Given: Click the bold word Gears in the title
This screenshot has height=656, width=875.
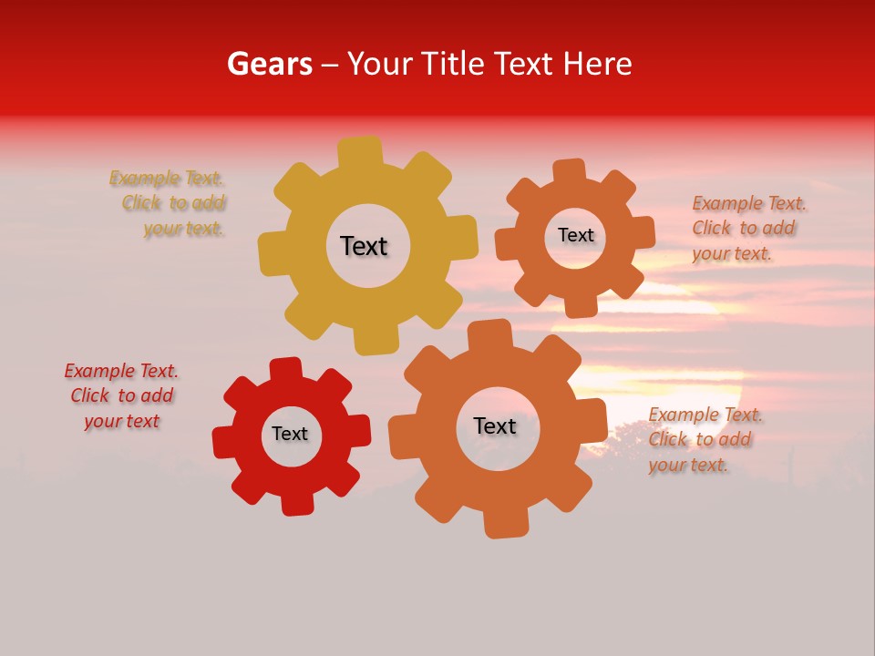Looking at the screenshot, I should click(270, 64).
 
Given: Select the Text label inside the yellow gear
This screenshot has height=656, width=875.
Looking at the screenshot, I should click(364, 246).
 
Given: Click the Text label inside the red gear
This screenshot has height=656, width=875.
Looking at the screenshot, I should click(290, 434).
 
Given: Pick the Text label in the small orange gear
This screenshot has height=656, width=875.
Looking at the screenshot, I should click(575, 235).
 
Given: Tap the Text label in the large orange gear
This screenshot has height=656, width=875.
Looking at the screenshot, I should click(494, 425).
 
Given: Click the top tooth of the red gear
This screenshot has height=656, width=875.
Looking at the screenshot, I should click(285, 369).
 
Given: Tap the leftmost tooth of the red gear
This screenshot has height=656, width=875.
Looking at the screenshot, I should click(224, 442).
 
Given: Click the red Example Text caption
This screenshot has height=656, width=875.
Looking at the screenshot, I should click(121, 395).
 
